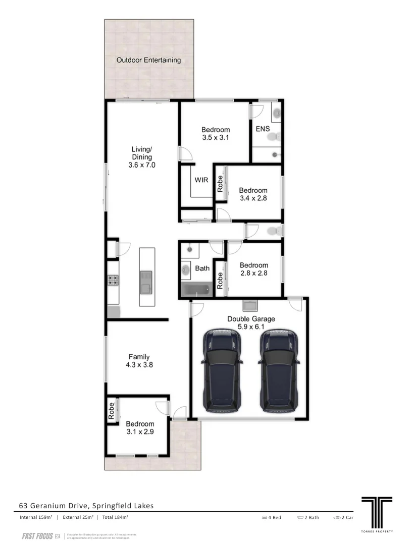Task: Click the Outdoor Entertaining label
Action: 148,60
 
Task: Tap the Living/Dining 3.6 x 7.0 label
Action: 142,157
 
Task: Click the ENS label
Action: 263,129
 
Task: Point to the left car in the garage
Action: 223,371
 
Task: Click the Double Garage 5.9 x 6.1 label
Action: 251,322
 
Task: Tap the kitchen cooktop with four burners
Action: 113,280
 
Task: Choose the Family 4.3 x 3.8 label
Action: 139,361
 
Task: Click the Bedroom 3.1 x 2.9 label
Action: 140,428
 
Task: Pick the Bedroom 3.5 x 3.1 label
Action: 216,133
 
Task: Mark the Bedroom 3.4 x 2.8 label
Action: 253,194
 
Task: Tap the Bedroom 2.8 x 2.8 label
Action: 253,269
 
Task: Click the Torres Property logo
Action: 377,513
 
